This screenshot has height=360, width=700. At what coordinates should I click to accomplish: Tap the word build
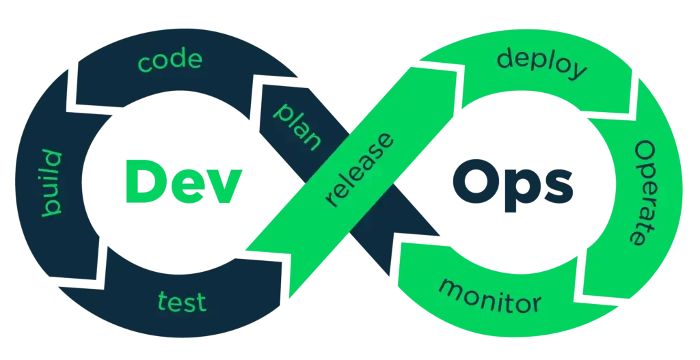pyautogui.click(x=51, y=183)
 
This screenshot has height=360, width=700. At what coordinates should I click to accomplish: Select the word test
pyautogui.click(x=182, y=301)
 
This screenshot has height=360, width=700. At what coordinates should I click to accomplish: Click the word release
pyautogui.click(x=360, y=170)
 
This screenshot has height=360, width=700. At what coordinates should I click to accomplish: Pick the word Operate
pyautogui.click(x=645, y=193)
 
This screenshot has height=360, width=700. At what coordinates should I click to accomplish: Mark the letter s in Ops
pyautogui.click(x=559, y=187)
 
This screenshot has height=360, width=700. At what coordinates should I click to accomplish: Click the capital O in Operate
pyautogui.click(x=645, y=152)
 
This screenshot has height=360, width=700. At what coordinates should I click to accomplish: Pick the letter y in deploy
pyautogui.click(x=577, y=71)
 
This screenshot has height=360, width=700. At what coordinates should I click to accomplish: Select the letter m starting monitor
pyautogui.click(x=451, y=288)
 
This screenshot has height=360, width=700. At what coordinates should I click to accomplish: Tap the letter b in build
pyautogui.click(x=51, y=208)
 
